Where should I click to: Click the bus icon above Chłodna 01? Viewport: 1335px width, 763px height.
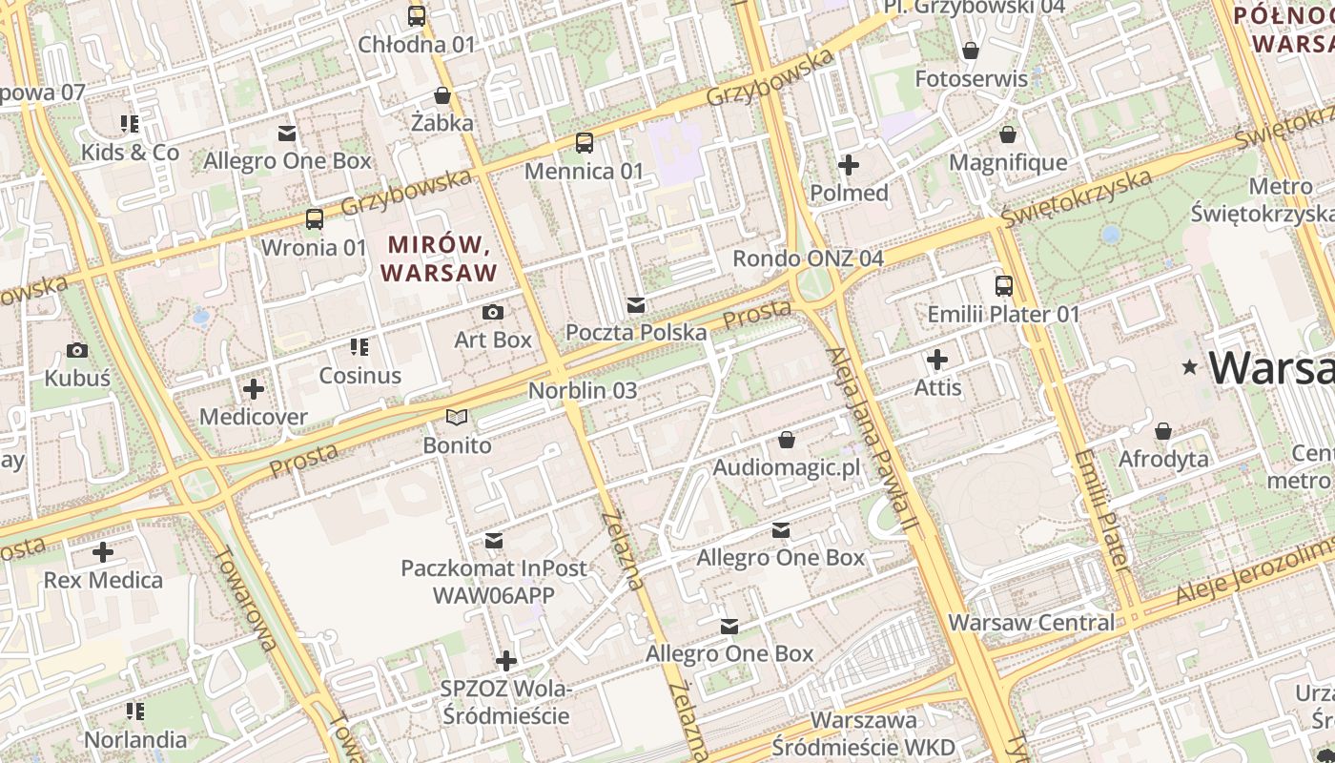[x=417, y=16]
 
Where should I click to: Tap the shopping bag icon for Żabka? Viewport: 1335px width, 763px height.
[x=442, y=95]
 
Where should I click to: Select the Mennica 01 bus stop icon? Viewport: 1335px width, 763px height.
[x=585, y=144]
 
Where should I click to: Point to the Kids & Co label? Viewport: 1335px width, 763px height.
[x=130, y=153]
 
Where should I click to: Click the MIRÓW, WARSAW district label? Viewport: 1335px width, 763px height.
[x=439, y=259]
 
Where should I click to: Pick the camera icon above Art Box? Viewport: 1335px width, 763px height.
[x=493, y=312]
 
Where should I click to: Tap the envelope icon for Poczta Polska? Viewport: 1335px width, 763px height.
[x=636, y=305]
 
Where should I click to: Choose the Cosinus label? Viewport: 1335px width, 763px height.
[x=360, y=376]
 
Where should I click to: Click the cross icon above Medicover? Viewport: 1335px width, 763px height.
[x=254, y=389]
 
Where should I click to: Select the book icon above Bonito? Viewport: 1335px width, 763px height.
[x=458, y=418]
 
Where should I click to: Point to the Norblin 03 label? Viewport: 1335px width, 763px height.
[x=583, y=391]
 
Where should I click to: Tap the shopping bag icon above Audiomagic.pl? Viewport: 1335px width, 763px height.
[x=787, y=440]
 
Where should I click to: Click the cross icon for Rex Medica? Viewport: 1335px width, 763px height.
[x=103, y=552]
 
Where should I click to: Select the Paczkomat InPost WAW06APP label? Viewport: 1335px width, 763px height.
[x=494, y=582]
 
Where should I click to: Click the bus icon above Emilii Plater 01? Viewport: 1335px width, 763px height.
[x=1004, y=286]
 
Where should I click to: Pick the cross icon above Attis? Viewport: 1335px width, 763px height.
[x=938, y=360]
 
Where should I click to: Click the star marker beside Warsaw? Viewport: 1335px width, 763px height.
[x=1189, y=367]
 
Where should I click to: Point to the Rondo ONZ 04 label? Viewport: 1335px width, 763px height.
[x=808, y=258]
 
